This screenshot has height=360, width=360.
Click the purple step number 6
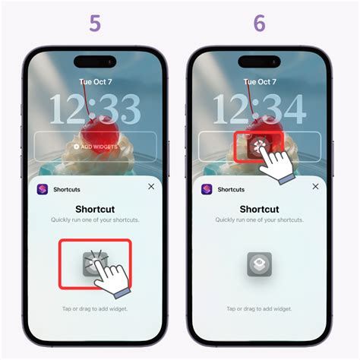[x=259, y=24]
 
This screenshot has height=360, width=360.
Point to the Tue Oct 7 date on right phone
[x=259, y=81]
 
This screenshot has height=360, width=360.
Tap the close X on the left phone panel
[x=151, y=186]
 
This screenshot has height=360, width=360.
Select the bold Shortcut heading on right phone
[x=259, y=209]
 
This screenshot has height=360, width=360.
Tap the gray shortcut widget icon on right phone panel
[x=259, y=264]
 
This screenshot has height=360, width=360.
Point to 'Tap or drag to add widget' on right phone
[x=259, y=308]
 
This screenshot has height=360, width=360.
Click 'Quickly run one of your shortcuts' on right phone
[x=259, y=220]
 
